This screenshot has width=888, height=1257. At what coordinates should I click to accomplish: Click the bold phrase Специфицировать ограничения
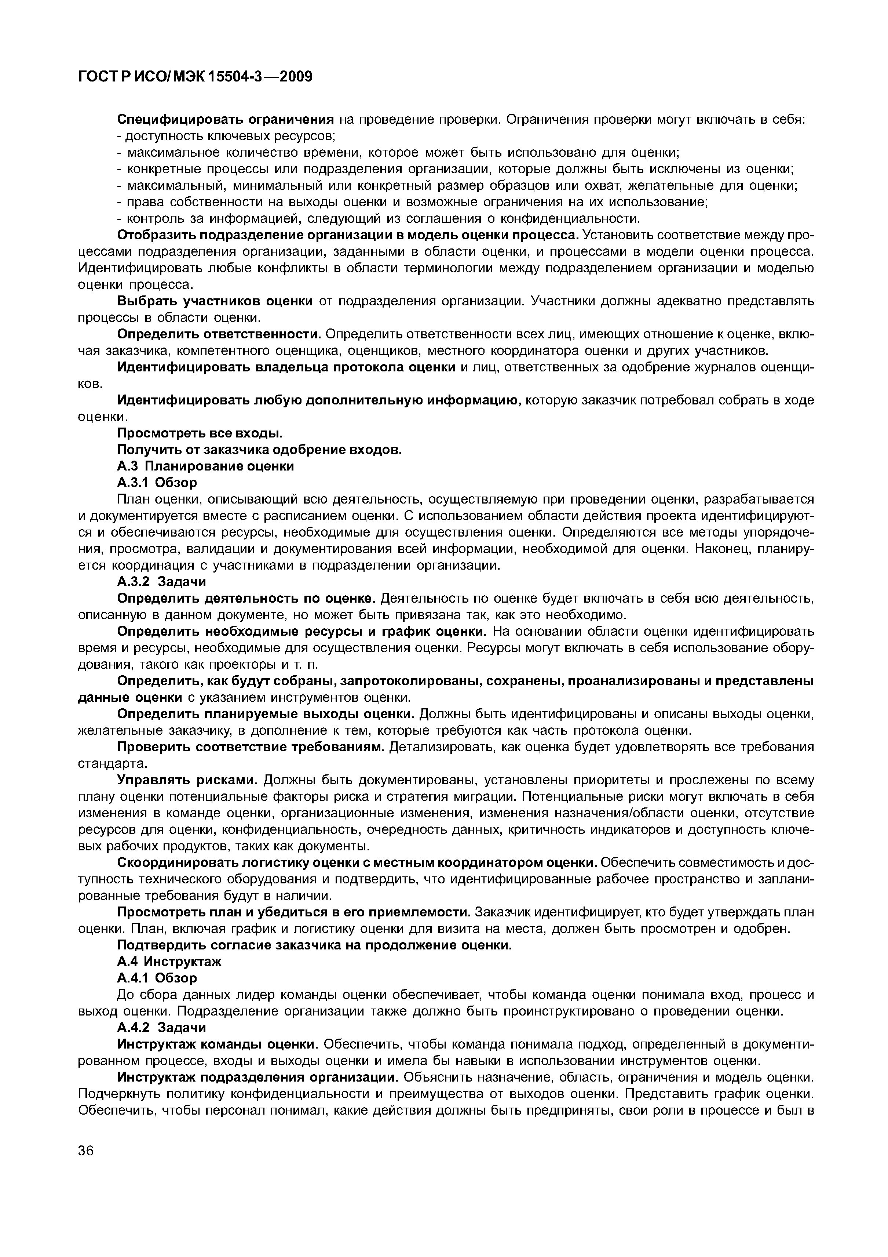tap(226, 119)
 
